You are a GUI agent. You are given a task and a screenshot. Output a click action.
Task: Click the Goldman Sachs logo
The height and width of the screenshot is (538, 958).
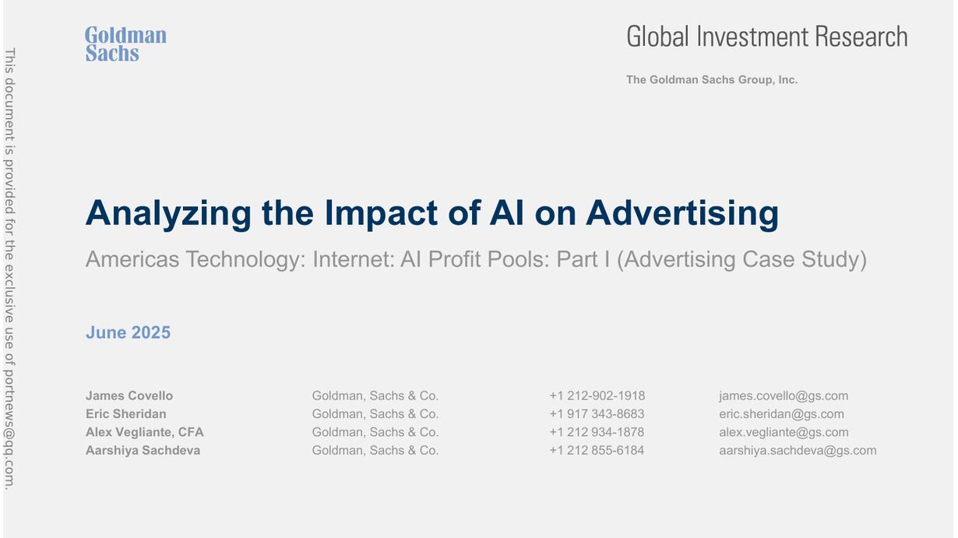(125, 44)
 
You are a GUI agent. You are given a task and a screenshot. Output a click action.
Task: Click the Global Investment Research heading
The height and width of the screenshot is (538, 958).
(767, 37)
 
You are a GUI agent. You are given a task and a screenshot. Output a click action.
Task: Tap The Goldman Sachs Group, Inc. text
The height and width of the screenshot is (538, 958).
(712, 80)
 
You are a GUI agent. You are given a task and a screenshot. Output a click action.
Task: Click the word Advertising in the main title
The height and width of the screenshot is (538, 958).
(682, 213)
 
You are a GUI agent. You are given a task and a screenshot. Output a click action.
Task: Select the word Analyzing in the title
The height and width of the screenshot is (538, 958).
(168, 214)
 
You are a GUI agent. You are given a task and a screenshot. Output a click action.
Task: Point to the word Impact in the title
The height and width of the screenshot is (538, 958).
(381, 214)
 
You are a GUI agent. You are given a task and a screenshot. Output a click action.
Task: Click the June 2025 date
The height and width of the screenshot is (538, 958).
(128, 332)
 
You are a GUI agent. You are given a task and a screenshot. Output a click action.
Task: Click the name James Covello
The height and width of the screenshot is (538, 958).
(129, 396)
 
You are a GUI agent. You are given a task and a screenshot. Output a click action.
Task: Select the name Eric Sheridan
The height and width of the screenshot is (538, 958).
(125, 414)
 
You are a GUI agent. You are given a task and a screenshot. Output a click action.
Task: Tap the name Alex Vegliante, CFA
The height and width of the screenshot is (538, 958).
(145, 432)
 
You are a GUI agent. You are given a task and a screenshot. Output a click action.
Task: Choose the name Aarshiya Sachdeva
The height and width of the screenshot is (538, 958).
(143, 450)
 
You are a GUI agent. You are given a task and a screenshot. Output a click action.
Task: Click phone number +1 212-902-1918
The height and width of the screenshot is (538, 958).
(597, 396)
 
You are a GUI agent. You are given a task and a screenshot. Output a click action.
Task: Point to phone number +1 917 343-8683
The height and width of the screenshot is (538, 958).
(597, 414)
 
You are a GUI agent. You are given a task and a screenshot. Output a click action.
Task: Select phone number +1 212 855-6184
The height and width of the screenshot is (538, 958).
(597, 450)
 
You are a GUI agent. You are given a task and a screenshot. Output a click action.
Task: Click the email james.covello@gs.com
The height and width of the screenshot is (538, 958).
(784, 396)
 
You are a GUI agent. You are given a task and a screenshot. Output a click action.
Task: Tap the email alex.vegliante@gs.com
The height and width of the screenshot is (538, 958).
(784, 432)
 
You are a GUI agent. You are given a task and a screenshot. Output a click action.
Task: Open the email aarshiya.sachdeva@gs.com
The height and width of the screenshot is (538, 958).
(798, 451)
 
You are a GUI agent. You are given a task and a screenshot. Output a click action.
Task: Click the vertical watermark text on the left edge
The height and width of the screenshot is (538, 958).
(9, 269)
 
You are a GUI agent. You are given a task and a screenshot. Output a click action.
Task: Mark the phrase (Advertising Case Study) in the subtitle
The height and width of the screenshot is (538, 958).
(741, 259)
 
